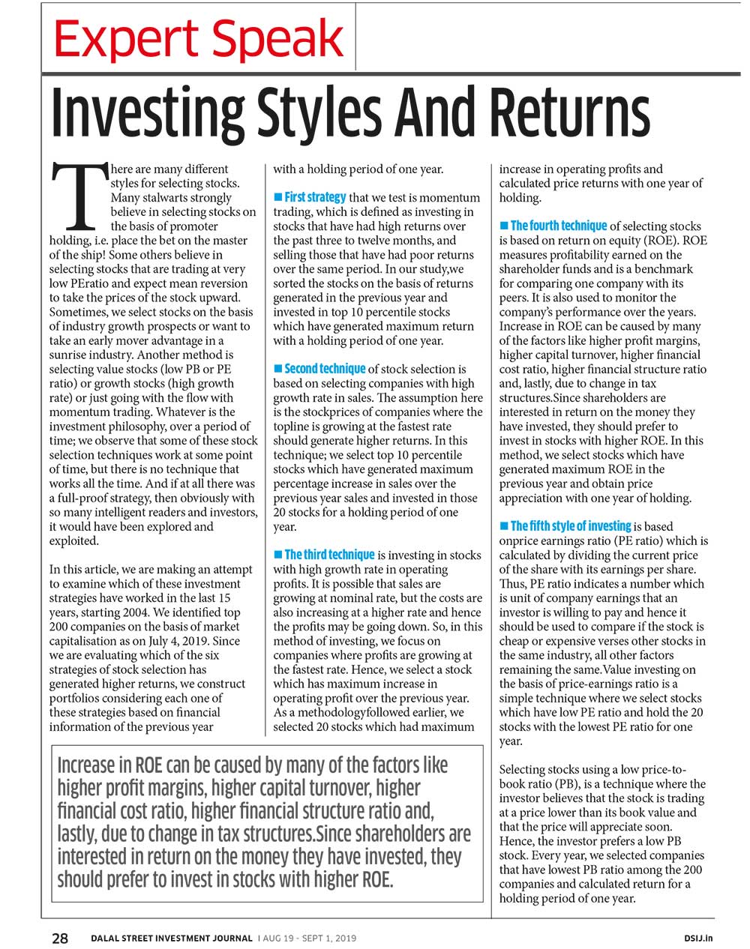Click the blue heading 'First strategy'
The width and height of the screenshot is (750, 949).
click(315, 197)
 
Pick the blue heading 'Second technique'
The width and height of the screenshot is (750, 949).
click(325, 369)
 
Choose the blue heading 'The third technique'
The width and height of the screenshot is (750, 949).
click(329, 555)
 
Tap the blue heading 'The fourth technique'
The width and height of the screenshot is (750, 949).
click(558, 226)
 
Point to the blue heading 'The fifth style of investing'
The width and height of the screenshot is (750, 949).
click(570, 526)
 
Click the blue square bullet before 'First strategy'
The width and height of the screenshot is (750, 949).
click(278, 197)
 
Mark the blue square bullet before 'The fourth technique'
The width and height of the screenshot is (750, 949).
click(504, 226)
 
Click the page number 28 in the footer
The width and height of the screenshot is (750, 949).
click(60, 938)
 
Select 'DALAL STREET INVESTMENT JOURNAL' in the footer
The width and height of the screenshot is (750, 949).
click(172, 938)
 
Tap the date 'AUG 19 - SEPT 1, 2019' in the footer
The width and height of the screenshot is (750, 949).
click(309, 938)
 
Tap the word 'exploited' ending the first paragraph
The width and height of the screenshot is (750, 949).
click(73, 541)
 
